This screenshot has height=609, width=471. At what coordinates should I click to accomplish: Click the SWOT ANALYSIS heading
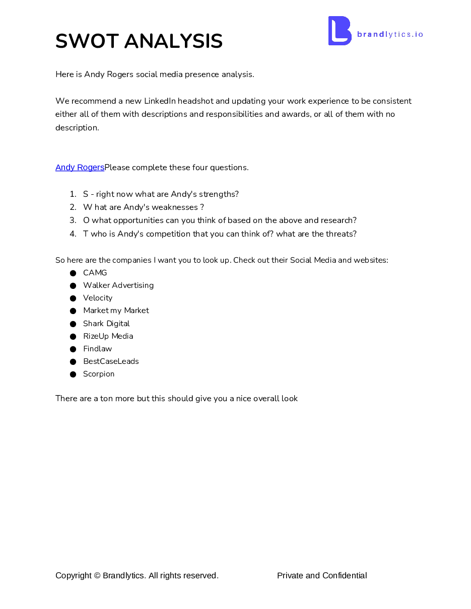[139, 41]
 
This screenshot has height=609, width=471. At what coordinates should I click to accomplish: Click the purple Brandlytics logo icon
[340, 31]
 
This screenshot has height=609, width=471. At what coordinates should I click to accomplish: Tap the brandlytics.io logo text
[390, 34]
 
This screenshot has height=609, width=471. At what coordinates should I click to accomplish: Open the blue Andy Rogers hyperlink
[80, 168]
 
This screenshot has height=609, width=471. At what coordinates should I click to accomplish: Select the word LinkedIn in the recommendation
[159, 101]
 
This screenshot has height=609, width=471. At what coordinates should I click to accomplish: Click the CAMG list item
[95, 273]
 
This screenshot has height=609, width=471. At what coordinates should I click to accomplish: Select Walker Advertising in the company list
[118, 285]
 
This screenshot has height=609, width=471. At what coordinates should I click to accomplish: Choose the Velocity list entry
[98, 298]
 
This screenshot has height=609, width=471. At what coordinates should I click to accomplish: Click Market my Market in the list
[116, 311]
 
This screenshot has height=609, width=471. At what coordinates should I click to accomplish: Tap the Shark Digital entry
[106, 324]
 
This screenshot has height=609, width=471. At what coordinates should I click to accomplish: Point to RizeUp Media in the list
[108, 336]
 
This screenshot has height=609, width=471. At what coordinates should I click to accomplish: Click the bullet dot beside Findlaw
[73, 349]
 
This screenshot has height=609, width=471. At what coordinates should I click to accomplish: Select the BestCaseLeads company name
[111, 361]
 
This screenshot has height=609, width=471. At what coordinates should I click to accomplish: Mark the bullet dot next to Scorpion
[73, 374]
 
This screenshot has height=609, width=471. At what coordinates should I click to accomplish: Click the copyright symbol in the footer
[97, 576]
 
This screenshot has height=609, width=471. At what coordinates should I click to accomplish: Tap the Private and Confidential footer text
[322, 576]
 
